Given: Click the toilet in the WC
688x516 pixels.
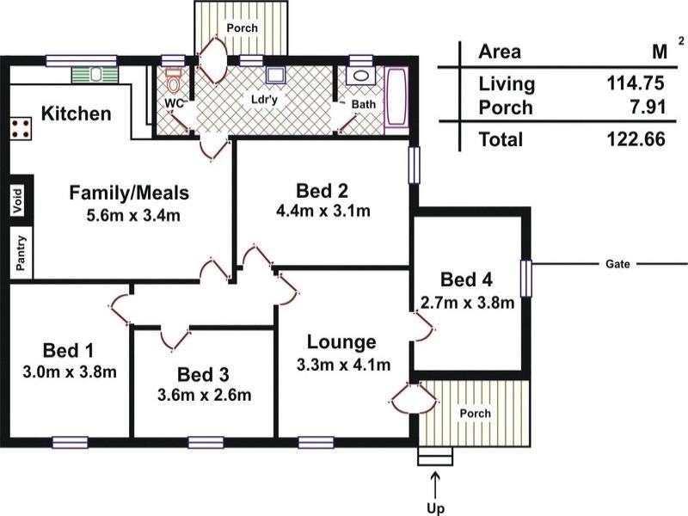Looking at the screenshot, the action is [x=174, y=79].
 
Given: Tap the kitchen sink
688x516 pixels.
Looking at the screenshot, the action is [x=95, y=75].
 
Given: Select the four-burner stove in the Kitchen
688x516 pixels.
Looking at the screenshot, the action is [x=21, y=128].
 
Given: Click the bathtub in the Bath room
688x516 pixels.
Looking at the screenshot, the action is [x=396, y=101].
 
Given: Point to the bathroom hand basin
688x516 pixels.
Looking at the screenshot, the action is [x=360, y=76].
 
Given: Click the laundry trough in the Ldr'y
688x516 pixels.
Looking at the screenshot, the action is [x=275, y=76].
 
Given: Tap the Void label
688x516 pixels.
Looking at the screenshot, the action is [x=17, y=200].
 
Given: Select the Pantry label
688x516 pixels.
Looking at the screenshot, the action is [x=21, y=253].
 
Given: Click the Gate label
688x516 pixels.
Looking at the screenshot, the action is [x=617, y=264].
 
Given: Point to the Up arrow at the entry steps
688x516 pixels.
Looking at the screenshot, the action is [x=435, y=486].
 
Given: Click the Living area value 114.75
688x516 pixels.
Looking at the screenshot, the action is [x=636, y=83].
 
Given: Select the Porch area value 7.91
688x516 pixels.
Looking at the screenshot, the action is [x=648, y=107].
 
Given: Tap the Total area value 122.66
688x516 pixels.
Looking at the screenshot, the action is [x=636, y=139].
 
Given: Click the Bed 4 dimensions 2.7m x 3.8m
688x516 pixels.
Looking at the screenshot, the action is [x=467, y=303].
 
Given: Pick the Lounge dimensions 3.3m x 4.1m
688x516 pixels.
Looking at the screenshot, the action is [x=343, y=365].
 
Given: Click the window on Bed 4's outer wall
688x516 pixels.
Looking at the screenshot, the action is [x=525, y=278].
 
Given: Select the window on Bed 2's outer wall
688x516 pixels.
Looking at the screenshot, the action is [x=414, y=164].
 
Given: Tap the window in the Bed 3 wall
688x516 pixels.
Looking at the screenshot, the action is [x=206, y=443].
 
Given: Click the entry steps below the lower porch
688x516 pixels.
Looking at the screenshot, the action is [x=435, y=457].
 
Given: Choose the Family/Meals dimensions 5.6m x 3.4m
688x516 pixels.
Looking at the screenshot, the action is [x=133, y=216].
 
